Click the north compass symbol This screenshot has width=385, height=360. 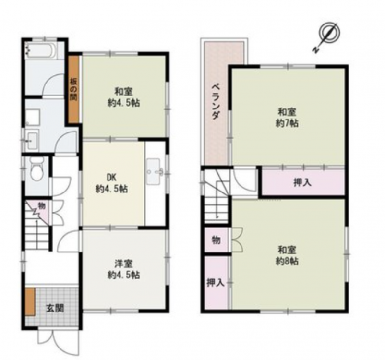pyautogui.click(x=327, y=36)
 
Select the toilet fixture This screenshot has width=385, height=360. pyautogui.click(x=37, y=168)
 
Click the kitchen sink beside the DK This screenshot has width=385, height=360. pyautogui.click(x=154, y=172)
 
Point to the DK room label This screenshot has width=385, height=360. pyautogui.click(x=111, y=183)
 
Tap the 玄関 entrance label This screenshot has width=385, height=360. pyautogui.click(x=56, y=309)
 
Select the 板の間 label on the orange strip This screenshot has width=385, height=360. pyautogui.click(x=73, y=90)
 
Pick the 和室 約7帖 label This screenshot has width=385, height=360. pyautogui.click(x=287, y=118)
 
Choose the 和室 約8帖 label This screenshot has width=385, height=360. pyautogui.click(x=287, y=255)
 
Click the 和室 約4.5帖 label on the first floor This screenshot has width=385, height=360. pyautogui.click(x=124, y=97)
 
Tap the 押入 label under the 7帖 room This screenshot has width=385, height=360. pyautogui.click(x=302, y=183)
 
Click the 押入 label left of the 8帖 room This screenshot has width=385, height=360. pyautogui.click(x=216, y=283)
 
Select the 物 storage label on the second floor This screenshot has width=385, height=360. pyautogui.click(x=216, y=240)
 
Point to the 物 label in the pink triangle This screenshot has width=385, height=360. pyautogui.click(x=42, y=206)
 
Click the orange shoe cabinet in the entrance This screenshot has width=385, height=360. pyautogui.click(x=30, y=302)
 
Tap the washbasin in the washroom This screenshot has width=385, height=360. pyautogui.click(x=32, y=141)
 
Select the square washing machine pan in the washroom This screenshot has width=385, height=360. pyautogui.click(x=33, y=118)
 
